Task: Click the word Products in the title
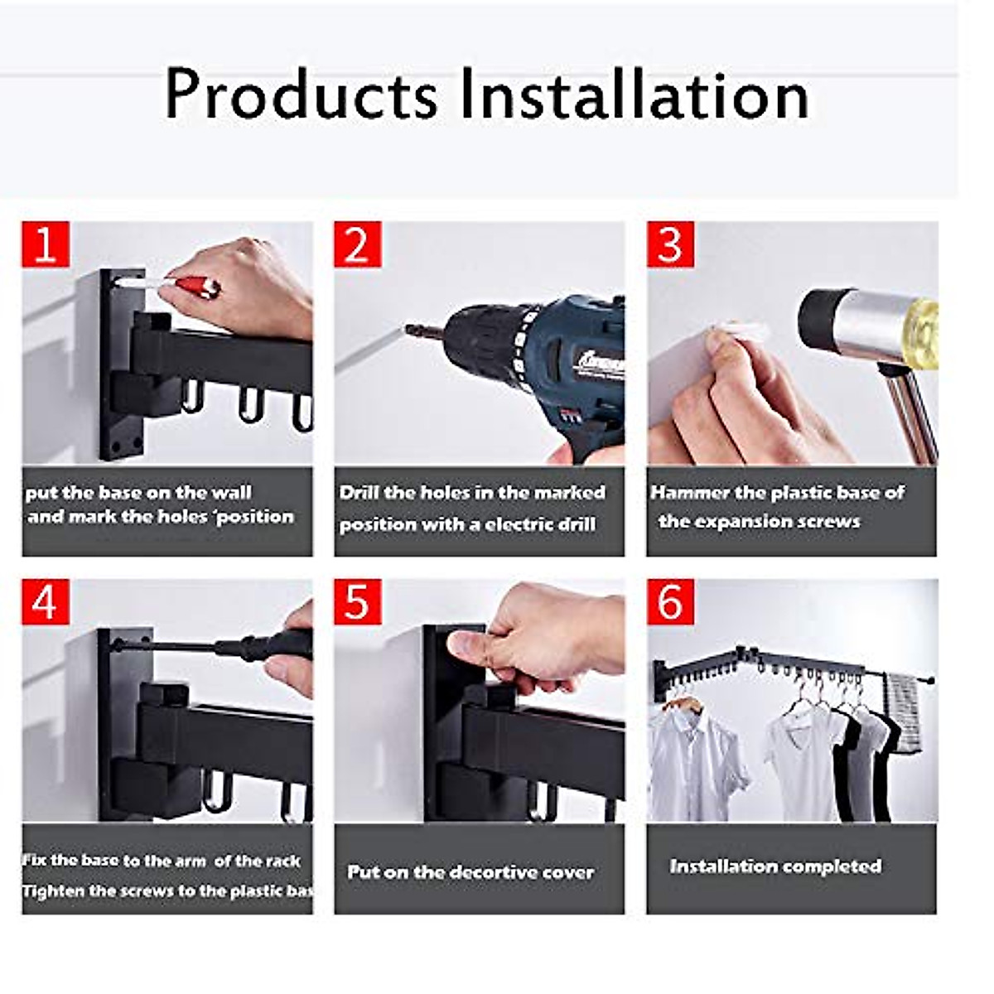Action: pyautogui.click(x=301, y=95)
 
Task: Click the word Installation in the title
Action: pyautogui.click(x=634, y=95)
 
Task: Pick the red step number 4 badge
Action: pyautogui.click(x=46, y=601)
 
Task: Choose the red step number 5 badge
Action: pyautogui.click(x=358, y=601)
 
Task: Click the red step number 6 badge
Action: pyautogui.click(x=670, y=601)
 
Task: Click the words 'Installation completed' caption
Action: pyautogui.click(x=775, y=866)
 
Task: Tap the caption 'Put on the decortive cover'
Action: pyautogui.click(x=470, y=872)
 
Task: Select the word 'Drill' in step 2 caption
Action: pyautogui.click(x=359, y=493)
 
